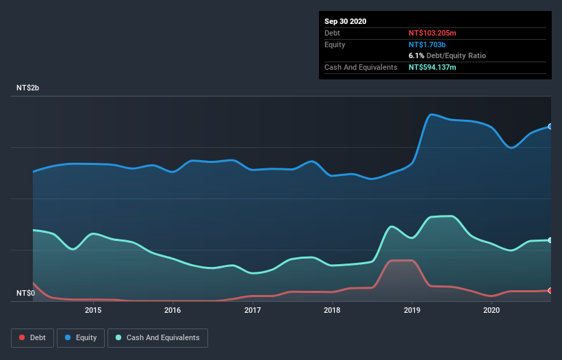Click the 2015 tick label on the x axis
[x=93, y=310]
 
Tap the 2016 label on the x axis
[x=173, y=310]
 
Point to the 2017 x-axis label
[x=253, y=310]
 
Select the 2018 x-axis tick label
[x=332, y=310]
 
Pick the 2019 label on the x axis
[x=412, y=310]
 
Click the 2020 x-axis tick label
[x=491, y=310]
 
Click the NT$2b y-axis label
[x=28, y=88]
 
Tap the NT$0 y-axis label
[x=26, y=294]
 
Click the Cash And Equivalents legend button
[x=157, y=337]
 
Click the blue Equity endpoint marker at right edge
[x=550, y=127]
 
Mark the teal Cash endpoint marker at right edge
[x=550, y=240]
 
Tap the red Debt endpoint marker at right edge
[x=550, y=291]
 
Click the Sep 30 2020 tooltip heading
[x=346, y=21]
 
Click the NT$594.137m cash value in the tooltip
[x=433, y=67]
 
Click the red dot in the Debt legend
[x=23, y=337]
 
